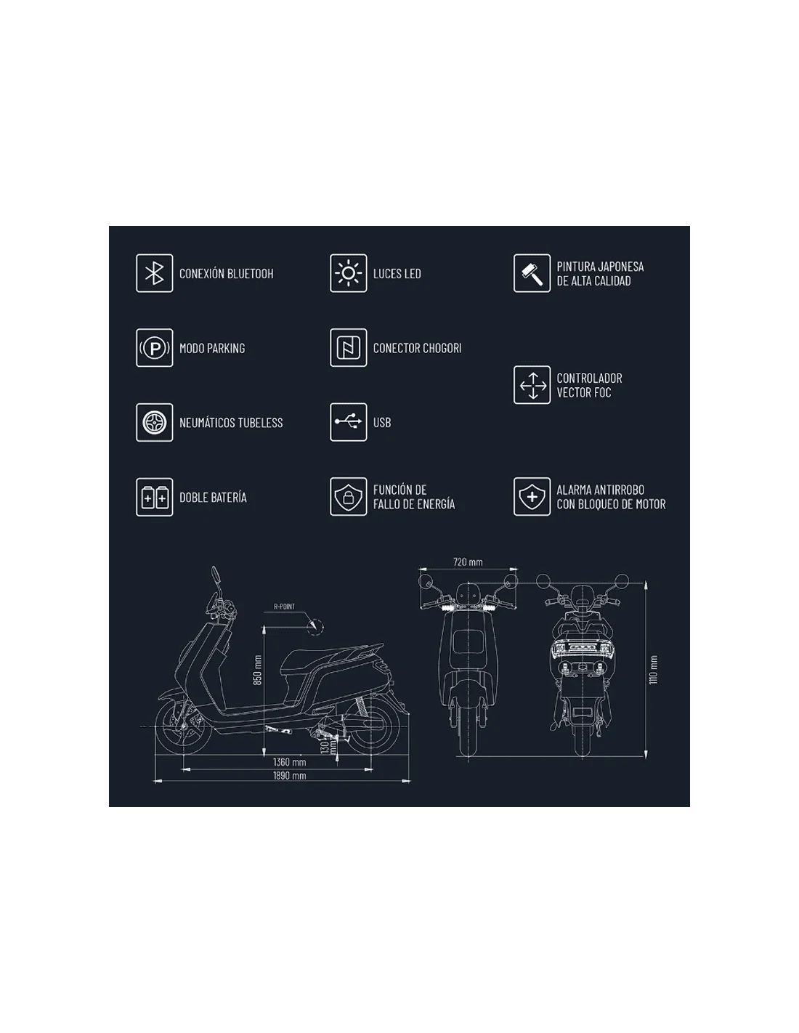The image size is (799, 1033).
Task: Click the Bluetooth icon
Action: coord(154,273)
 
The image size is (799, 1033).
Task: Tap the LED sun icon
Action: coord(348,273)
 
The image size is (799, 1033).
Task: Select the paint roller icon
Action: coord(532,273)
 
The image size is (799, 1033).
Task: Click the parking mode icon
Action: coord(154,348)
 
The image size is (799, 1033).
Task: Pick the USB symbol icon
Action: coord(348,422)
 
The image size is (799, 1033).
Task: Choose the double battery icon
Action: coord(154,497)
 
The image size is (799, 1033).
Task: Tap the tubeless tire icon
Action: coord(154,422)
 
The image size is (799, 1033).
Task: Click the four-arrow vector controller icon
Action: coord(532,385)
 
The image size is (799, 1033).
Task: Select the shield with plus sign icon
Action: coord(532,497)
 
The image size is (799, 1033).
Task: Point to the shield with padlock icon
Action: coord(348,497)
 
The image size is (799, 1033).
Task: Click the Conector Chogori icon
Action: coord(348,348)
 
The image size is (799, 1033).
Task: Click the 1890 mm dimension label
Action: coord(289,776)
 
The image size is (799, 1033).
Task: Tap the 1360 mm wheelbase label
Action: coord(289,762)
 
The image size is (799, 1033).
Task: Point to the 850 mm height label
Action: coord(257,670)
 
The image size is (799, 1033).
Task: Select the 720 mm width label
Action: coord(468,562)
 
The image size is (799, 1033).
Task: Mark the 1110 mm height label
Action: coord(654,670)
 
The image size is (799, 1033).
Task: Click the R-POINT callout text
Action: coord(284,607)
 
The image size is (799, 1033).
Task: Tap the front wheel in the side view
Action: coord(184,729)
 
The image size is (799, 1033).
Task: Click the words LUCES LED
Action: coord(397,274)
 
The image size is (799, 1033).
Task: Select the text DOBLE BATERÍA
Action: coord(213,497)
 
